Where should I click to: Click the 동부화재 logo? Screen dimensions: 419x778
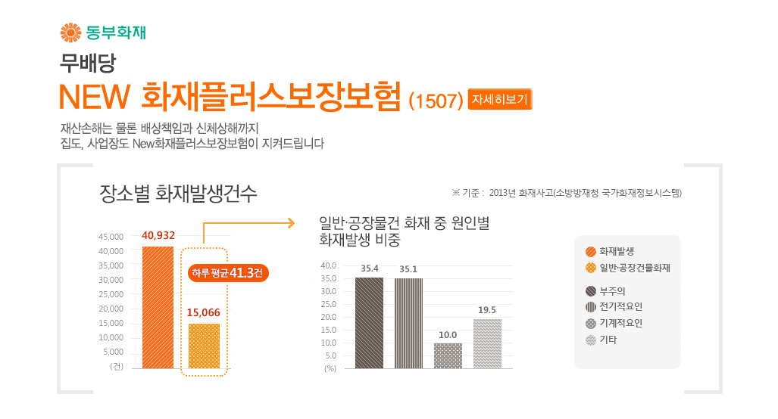click(x=102, y=33)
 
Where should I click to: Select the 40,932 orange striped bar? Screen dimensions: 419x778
click(x=158, y=307)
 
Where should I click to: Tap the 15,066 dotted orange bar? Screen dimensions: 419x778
click(x=204, y=346)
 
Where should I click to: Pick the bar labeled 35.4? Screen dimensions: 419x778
click(x=369, y=323)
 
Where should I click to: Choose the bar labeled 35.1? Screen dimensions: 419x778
click(x=408, y=323)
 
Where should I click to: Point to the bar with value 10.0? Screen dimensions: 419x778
click(x=448, y=355)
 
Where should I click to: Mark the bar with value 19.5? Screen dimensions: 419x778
click(x=487, y=343)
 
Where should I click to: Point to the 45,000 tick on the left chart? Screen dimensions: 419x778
click(x=111, y=237)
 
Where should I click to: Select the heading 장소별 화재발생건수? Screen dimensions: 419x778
click(x=179, y=194)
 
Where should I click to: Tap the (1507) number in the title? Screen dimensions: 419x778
click(x=436, y=101)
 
